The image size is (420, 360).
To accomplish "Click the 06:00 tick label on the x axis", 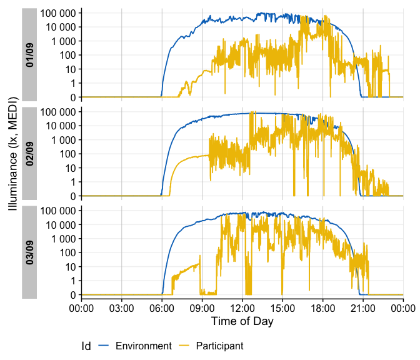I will point(161,307).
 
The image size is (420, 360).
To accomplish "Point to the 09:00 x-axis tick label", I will point(202,307).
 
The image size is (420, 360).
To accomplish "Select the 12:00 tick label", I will point(242,307).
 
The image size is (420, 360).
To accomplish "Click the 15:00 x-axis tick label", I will point(282,307).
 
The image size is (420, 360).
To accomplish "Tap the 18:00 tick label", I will point(322,307).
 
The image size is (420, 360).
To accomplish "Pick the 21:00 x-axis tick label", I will point(363,307).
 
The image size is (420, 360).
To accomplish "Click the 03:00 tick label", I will point(121,307).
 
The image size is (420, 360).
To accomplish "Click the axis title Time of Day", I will point(242,321).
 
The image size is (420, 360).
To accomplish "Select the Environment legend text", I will point(144,346).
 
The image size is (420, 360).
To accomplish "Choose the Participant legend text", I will point(219,346).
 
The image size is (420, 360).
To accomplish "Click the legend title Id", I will point(86,346).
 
